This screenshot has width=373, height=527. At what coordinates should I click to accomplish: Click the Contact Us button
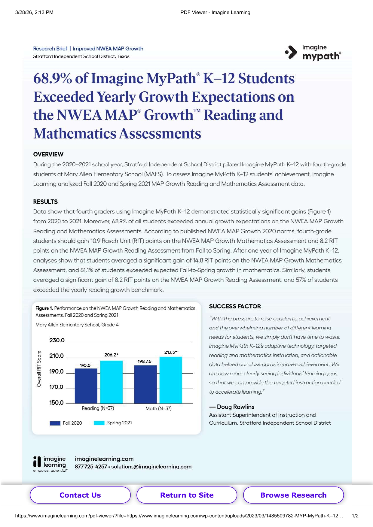(x=80, y=495)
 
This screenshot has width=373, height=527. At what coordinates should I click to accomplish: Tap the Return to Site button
(x=187, y=495)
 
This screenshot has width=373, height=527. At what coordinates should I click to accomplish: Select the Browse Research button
(x=293, y=495)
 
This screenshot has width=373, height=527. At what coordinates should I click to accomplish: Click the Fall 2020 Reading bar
(x=86, y=386)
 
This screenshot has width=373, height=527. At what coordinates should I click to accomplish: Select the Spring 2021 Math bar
(x=171, y=380)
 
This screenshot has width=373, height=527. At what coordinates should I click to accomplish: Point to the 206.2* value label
(x=111, y=355)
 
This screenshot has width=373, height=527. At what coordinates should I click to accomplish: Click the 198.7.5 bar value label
(x=145, y=361)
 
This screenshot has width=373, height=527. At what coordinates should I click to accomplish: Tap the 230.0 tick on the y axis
(x=57, y=340)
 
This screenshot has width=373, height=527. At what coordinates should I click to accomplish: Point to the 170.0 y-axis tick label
(x=56, y=387)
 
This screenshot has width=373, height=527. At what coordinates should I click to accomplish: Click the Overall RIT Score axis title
(x=39, y=369)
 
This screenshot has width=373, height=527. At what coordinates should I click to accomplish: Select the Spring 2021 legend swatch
(x=99, y=423)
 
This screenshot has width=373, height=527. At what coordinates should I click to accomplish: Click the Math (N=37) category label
(x=158, y=408)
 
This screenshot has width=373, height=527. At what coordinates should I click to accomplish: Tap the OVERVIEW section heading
(x=48, y=154)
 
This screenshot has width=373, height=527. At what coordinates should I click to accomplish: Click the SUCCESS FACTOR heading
(x=235, y=306)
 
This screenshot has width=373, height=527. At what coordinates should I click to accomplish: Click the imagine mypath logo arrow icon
(x=291, y=52)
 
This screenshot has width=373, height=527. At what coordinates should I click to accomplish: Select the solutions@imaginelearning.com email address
(x=151, y=467)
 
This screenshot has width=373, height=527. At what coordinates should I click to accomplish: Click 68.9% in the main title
(x=53, y=78)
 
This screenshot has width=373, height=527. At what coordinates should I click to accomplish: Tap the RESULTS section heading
(x=45, y=202)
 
